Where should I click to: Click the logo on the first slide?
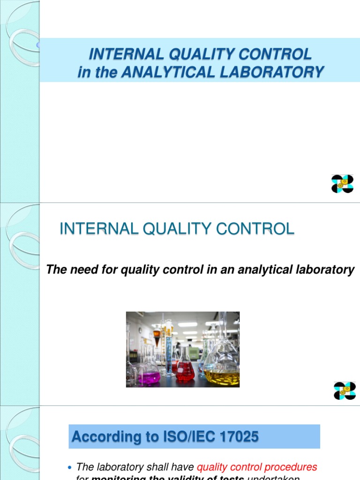point(342,184)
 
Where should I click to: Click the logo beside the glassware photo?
point(345,390)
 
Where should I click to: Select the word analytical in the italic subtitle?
point(261,270)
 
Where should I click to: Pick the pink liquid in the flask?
point(149,378)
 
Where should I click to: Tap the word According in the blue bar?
point(99,437)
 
